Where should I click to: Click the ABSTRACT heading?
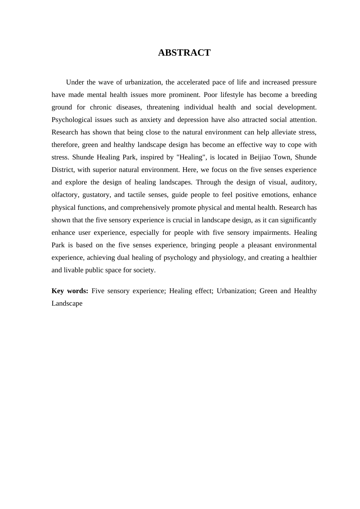pyautogui.click(x=184, y=53)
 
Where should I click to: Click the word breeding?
pyautogui.click(x=304, y=95)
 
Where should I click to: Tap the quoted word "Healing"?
pyautogui.click(x=191, y=157)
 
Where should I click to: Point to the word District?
pyautogui.click(x=63, y=170)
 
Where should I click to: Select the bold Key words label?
pyautogui.click(x=70, y=291)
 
